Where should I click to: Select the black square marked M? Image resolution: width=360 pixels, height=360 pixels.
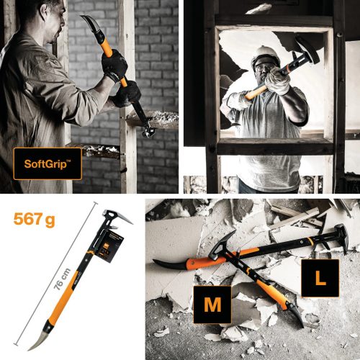click(x=212, y=304)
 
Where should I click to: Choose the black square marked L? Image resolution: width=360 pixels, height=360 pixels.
click(x=321, y=279)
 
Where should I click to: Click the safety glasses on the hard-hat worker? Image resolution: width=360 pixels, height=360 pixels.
click(x=264, y=69)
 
